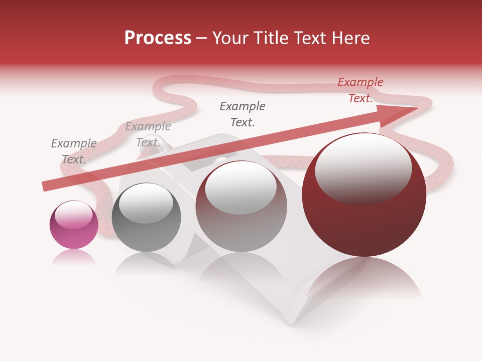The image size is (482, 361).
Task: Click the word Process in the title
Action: [x=158, y=38]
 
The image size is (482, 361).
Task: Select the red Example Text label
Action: [x=360, y=90]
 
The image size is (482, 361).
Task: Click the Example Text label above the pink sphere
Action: [x=74, y=151]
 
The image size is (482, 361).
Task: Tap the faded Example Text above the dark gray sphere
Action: [x=148, y=134]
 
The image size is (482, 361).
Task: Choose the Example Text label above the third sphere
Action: [x=243, y=114]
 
